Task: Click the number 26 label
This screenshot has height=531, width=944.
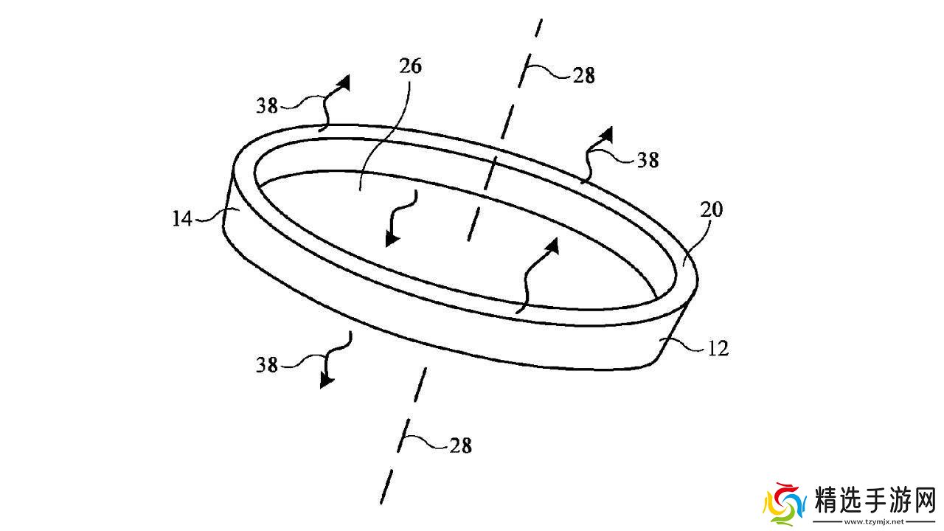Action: [410, 66]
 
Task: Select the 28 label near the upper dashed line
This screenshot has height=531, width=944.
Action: [583, 75]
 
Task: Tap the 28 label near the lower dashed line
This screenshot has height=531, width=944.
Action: [459, 445]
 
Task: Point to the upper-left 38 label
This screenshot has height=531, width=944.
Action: [268, 106]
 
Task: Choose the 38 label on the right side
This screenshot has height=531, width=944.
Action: [648, 159]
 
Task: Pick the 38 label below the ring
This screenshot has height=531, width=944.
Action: [268, 364]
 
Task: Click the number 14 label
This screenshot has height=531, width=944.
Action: [181, 218]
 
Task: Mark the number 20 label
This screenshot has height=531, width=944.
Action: [712, 210]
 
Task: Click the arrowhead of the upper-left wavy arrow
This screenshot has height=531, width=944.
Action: [344, 82]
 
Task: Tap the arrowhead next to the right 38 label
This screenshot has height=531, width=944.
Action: [606, 134]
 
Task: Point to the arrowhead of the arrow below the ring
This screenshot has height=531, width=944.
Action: [325, 380]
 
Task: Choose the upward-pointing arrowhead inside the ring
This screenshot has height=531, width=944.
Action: [553, 245]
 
